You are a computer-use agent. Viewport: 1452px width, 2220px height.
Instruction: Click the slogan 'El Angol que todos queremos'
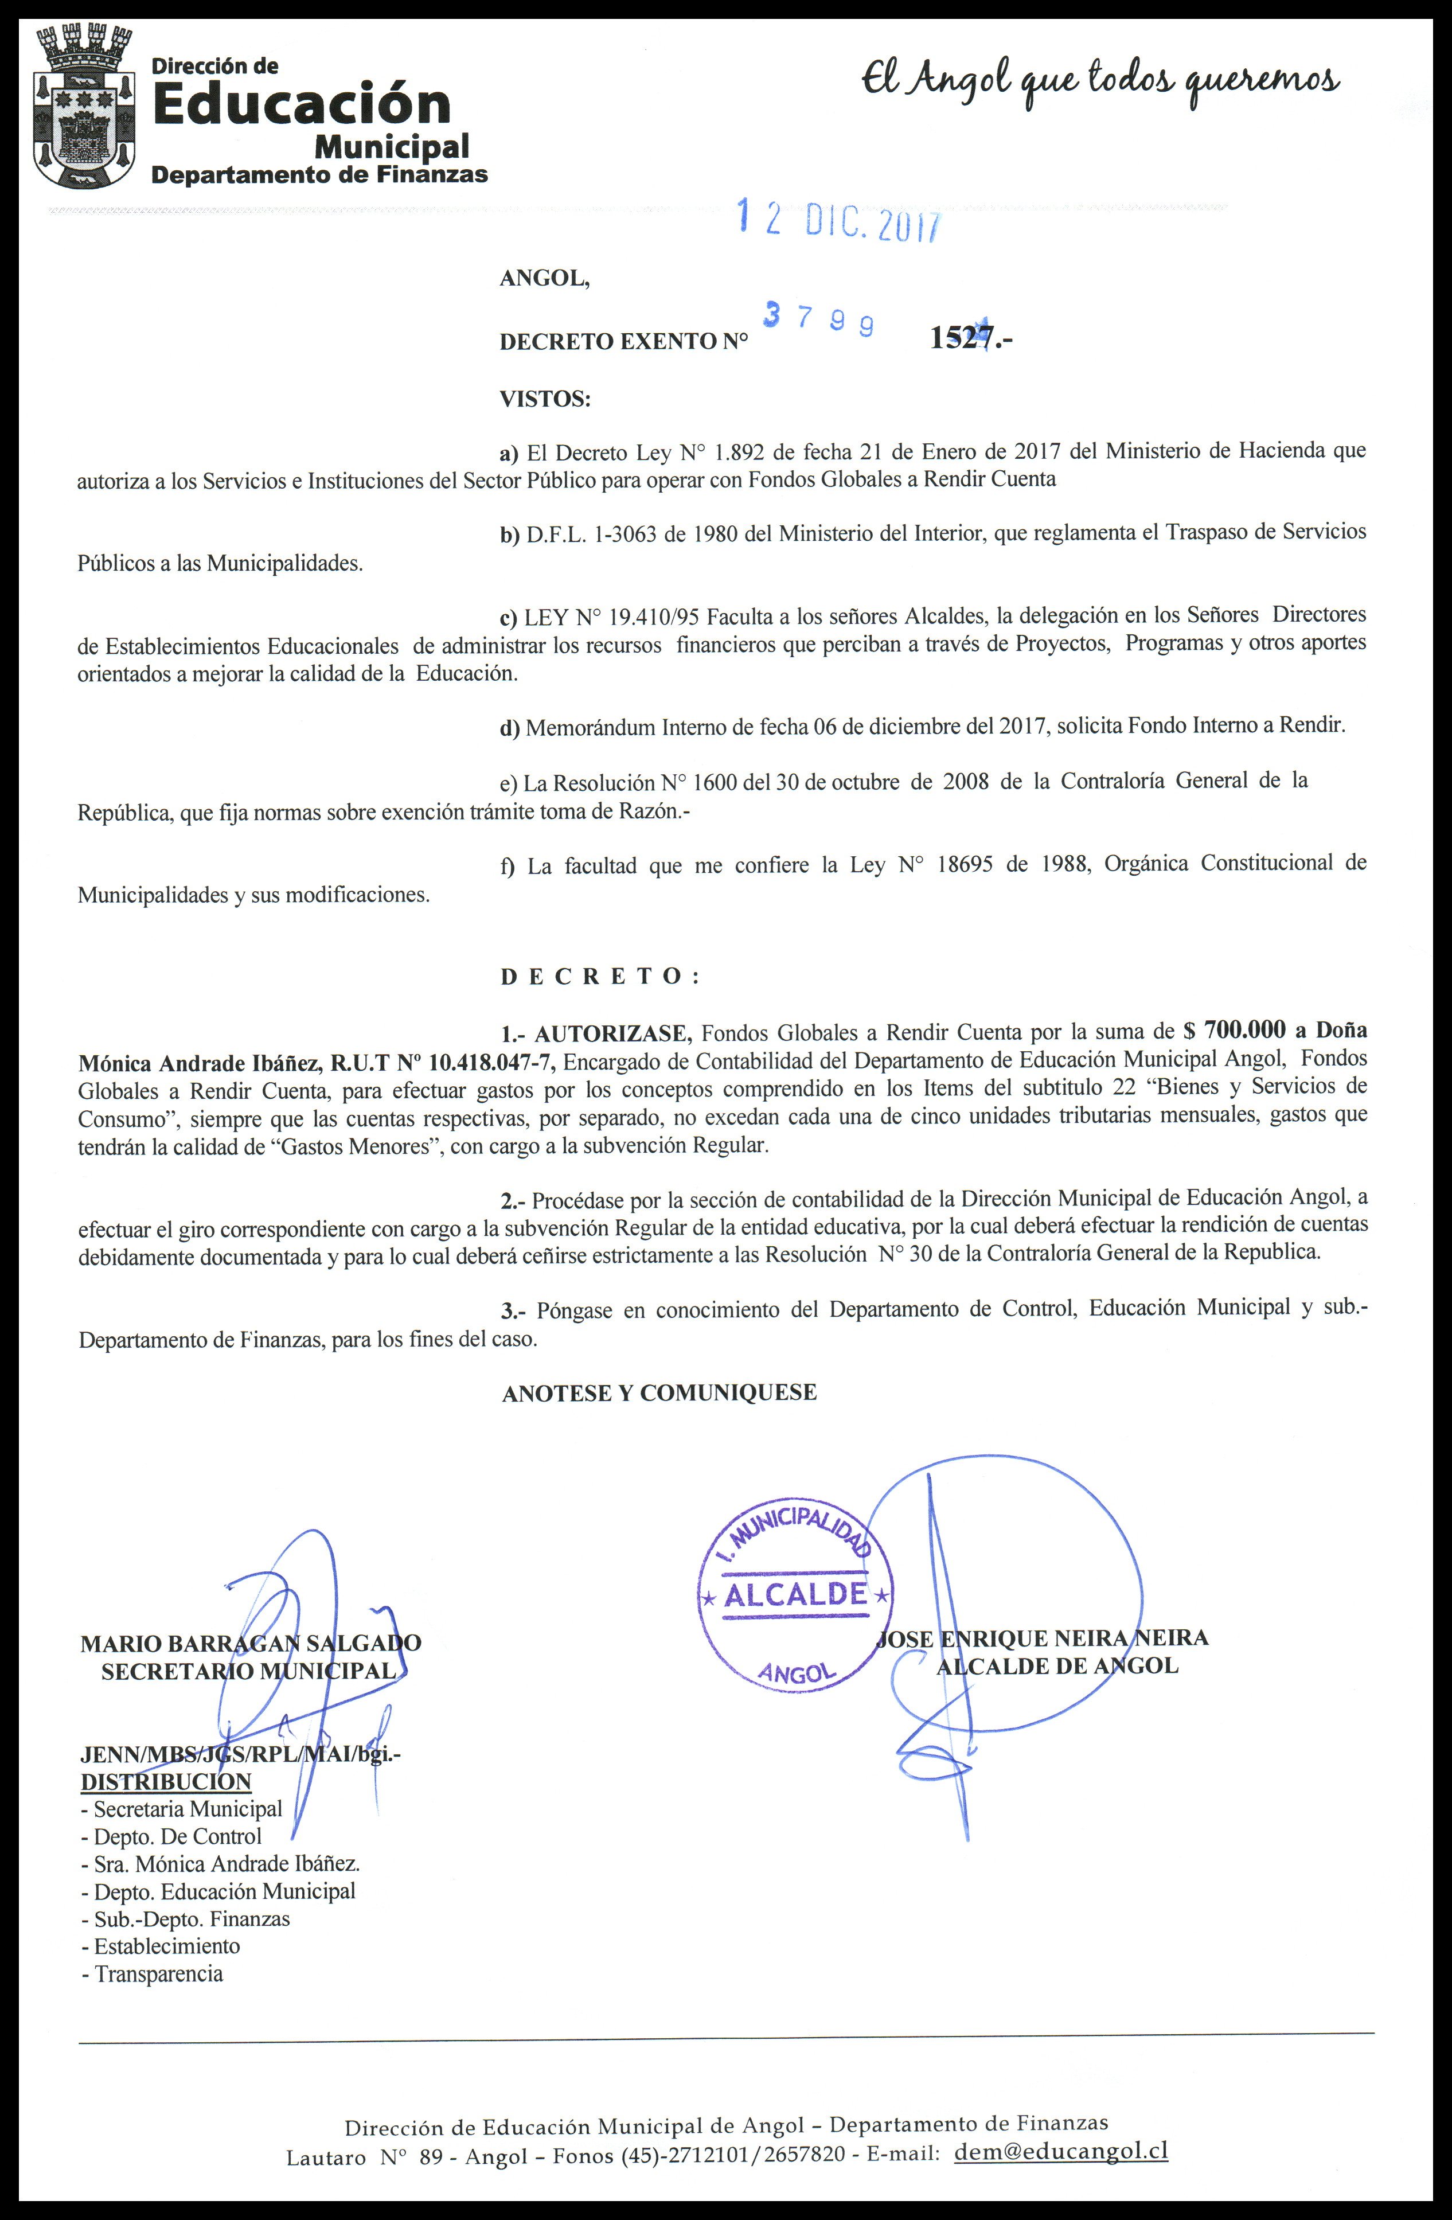[x=1100, y=84]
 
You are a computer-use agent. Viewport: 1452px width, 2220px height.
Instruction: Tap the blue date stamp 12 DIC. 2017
[x=840, y=221]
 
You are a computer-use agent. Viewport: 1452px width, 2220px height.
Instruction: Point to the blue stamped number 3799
[x=819, y=320]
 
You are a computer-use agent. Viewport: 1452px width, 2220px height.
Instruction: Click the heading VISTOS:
[x=545, y=399]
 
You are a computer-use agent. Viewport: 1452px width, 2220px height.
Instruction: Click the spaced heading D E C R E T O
[x=600, y=977]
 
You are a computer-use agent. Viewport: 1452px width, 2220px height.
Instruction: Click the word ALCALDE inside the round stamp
[x=795, y=1594]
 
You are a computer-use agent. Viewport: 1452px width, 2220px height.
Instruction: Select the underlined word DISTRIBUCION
[x=166, y=1782]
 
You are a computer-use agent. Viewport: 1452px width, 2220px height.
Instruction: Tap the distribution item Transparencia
[x=158, y=1974]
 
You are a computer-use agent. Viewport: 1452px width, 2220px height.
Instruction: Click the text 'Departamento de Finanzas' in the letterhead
[x=319, y=174]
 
